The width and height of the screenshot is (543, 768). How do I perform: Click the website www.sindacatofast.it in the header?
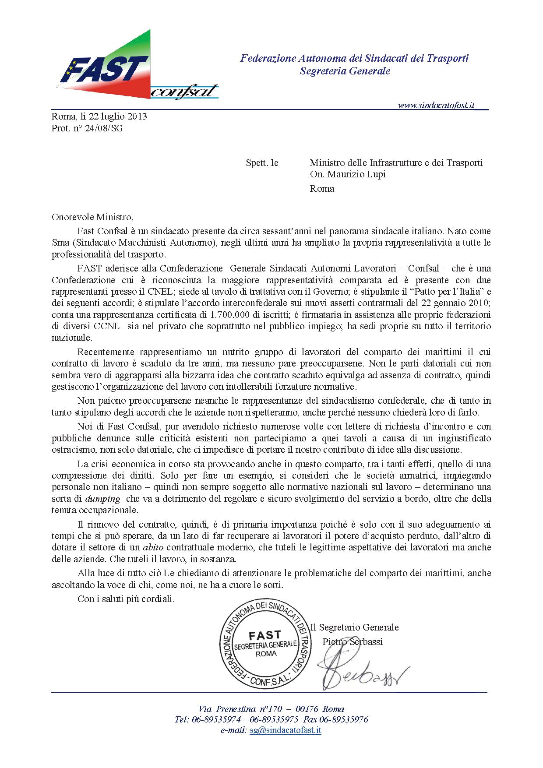point(437,106)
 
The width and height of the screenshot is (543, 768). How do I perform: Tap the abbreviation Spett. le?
point(262,163)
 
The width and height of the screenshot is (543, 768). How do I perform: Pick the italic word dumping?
point(102,499)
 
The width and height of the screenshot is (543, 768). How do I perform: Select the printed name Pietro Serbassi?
point(353,642)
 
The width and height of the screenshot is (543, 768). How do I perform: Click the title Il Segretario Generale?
point(355,627)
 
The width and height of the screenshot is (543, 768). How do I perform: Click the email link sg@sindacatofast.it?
point(286,730)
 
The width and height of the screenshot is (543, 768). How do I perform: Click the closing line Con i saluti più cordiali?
point(126,599)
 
